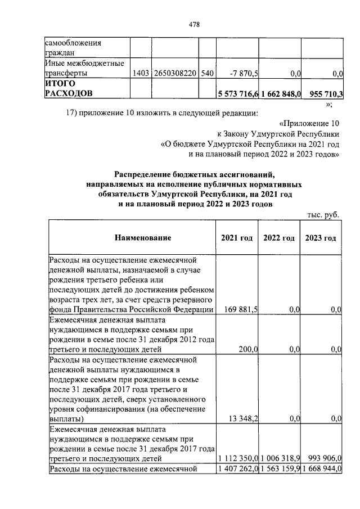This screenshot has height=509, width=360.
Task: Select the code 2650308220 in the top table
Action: [175, 73]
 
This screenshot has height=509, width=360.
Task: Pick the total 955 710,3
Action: [326, 93]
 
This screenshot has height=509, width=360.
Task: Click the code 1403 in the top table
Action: [141, 73]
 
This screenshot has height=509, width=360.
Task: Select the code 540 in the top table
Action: [207, 73]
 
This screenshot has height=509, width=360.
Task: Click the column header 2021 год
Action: [237, 238]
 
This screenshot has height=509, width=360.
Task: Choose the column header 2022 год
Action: [279, 238]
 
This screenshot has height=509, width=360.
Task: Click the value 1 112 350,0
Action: [238, 459]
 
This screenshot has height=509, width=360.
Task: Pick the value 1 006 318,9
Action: [280, 459]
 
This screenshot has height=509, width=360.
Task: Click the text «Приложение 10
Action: [309, 123]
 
